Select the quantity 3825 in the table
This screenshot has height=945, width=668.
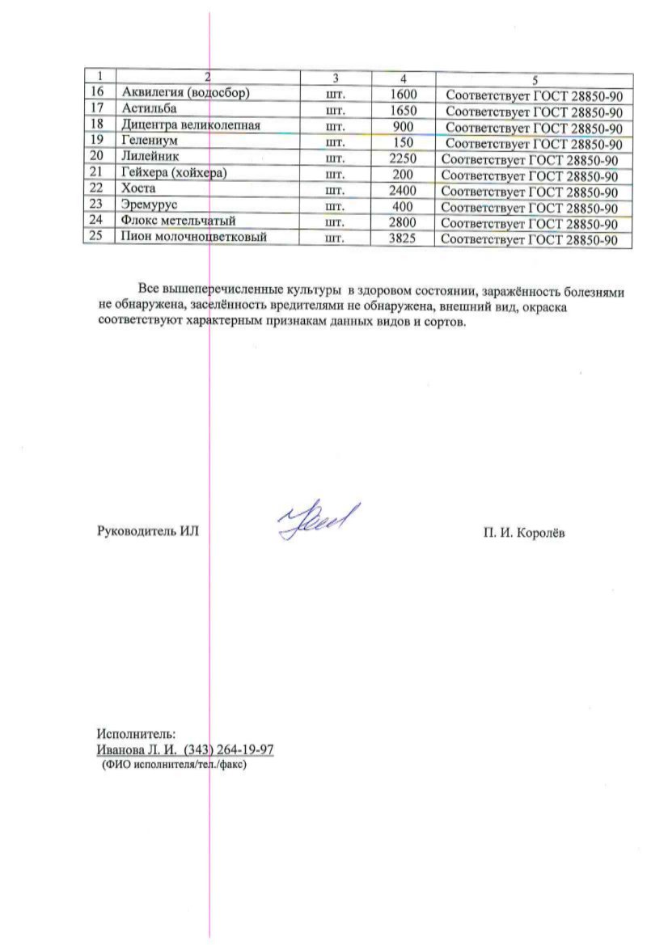(403, 239)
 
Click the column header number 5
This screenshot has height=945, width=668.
(535, 79)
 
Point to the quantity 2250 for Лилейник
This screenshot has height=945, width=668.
(403, 158)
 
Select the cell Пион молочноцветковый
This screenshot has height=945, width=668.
(193, 238)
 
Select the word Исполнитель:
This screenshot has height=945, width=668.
(135, 734)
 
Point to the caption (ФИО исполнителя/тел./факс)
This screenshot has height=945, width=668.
(173, 763)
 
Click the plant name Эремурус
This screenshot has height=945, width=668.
(150, 205)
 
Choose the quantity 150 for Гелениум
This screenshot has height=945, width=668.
(403, 142)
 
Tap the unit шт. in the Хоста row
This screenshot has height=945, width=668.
(335, 191)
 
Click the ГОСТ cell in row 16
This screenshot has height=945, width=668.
(535, 95)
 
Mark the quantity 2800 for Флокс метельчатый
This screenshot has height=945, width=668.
(403, 222)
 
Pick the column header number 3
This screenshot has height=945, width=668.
(335, 78)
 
